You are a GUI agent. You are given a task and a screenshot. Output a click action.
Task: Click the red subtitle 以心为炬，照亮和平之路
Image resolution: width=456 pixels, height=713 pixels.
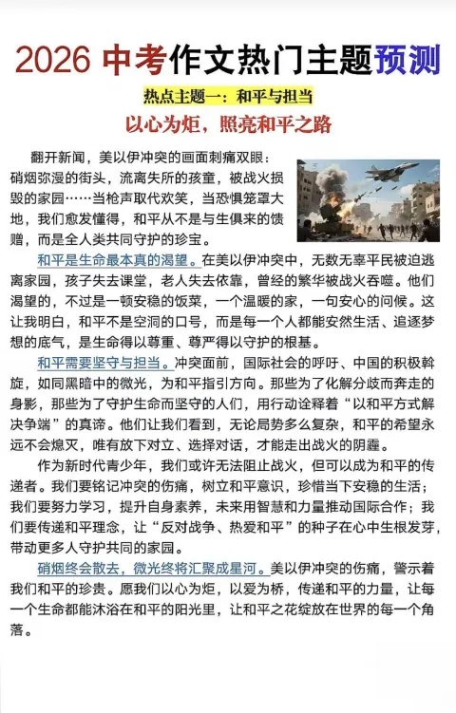click(228, 123)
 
